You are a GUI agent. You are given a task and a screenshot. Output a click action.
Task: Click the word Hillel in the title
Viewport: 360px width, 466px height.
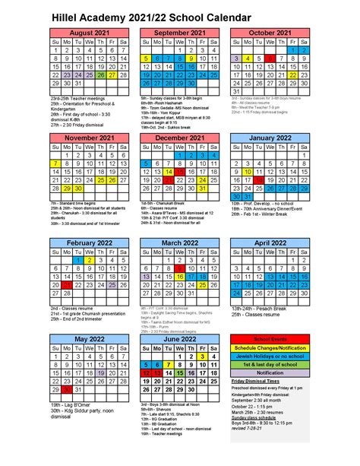(x=68, y=14)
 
